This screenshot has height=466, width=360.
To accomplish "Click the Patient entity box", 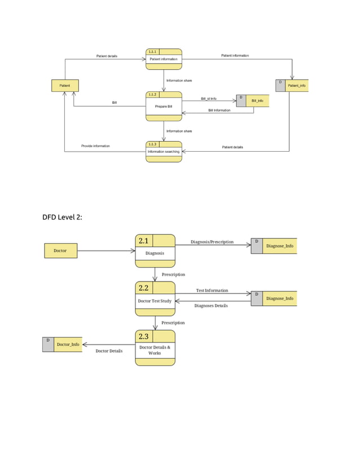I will pyautogui.click(x=65, y=86).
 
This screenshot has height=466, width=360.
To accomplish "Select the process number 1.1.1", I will pyautogui.click(x=152, y=51).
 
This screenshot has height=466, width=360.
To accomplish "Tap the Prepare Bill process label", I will pyautogui.click(x=164, y=106).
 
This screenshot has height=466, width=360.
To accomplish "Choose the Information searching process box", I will pyautogui.click(x=164, y=151).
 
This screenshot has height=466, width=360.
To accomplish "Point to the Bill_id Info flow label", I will pyautogui.click(x=209, y=99).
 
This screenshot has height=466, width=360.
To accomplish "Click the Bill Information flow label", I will pyautogui.click(x=219, y=111).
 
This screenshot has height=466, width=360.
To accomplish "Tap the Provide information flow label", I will pyautogui.click(x=95, y=146).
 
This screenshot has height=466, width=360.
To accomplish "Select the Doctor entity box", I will pyautogui.click(x=60, y=250).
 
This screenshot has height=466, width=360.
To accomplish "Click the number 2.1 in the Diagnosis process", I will pyautogui.click(x=143, y=241).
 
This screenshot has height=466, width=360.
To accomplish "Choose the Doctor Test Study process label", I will pyautogui.click(x=155, y=301).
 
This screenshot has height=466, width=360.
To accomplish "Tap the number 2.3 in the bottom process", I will pyautogui.click(x=143, y=337).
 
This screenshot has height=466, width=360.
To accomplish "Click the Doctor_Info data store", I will pyautogui.click(x=62, y=344).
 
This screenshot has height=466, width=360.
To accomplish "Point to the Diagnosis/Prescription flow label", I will pyautogui.click(x=212, y=242).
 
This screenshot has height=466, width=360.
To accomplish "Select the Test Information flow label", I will pyautogui.click(x=212, y=291).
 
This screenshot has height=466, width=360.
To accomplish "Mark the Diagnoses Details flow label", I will pyautogui.click(x=211, y=306).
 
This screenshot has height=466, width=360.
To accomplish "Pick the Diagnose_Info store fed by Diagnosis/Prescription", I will pyautogui.click(x=274, y=247).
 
